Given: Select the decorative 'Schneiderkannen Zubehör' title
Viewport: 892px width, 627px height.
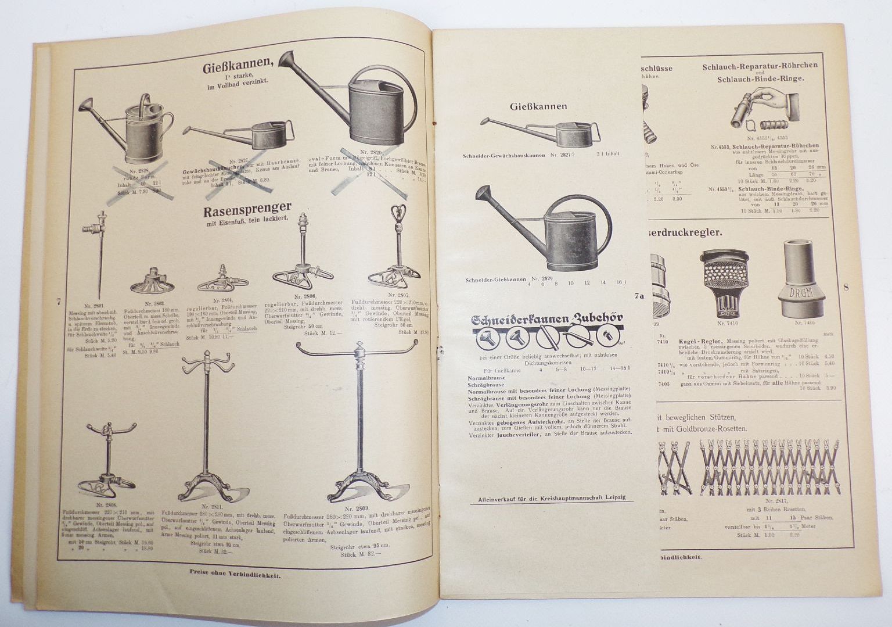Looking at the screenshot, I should pyautogui.click(x=547, y=319).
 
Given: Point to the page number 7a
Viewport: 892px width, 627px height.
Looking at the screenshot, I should pyautogui.click(x=639, y=296).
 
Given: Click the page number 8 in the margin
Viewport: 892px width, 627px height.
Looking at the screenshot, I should pyautogui.click(x=846, y=286).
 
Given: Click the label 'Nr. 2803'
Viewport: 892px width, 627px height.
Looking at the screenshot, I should pyautogui.click(x=154, y=303).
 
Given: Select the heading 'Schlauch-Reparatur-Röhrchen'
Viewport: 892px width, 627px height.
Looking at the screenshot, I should pyautogui.click(x=760, y=66).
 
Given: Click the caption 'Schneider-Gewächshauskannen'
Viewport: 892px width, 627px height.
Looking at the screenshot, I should pyautogui.click(x=505, y=155).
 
